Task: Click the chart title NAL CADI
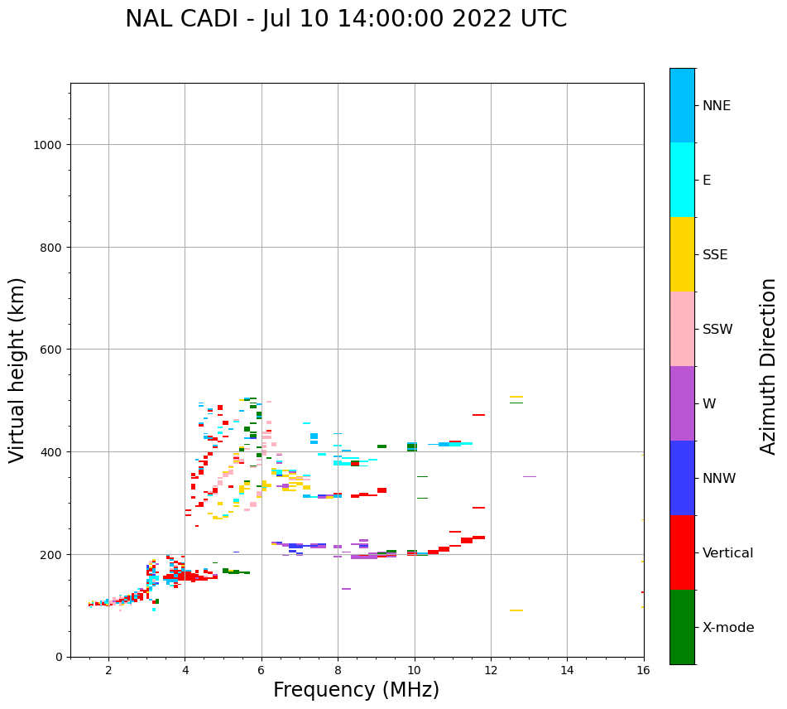[346, 19]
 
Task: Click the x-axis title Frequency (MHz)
[356, 690]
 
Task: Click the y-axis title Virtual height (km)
[17, 369]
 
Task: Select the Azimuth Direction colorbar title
[769, 366]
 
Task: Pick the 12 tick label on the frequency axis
[491, 671]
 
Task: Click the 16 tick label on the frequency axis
[643, 671]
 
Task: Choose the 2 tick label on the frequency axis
[108, 671]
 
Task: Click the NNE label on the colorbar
[717, 106]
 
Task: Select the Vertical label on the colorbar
[728, 553]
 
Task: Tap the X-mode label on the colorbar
[728, 628]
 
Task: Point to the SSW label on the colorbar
[717, 330]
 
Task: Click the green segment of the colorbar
[682, 627]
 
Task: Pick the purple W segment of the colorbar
[682, 403]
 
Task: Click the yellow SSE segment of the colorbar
[682, 254]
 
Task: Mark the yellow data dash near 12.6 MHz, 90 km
[516, 610]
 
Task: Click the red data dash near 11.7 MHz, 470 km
[478, 415]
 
